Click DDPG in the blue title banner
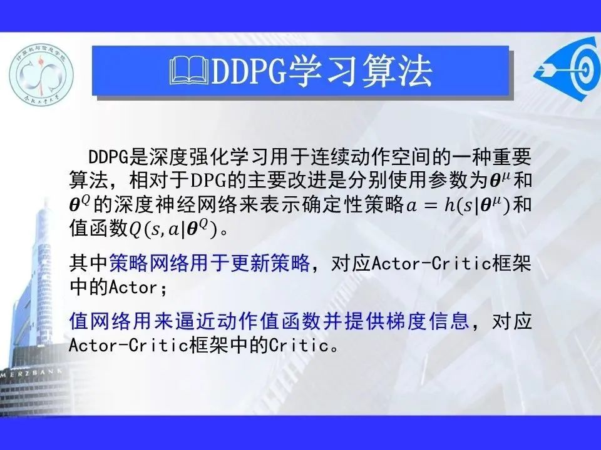(249, 71)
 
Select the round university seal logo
(41, 74)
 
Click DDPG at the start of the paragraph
(108, 156)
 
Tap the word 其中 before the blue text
(89, 263)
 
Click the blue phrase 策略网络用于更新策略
(209, 263)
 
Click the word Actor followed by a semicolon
(133, 287)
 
